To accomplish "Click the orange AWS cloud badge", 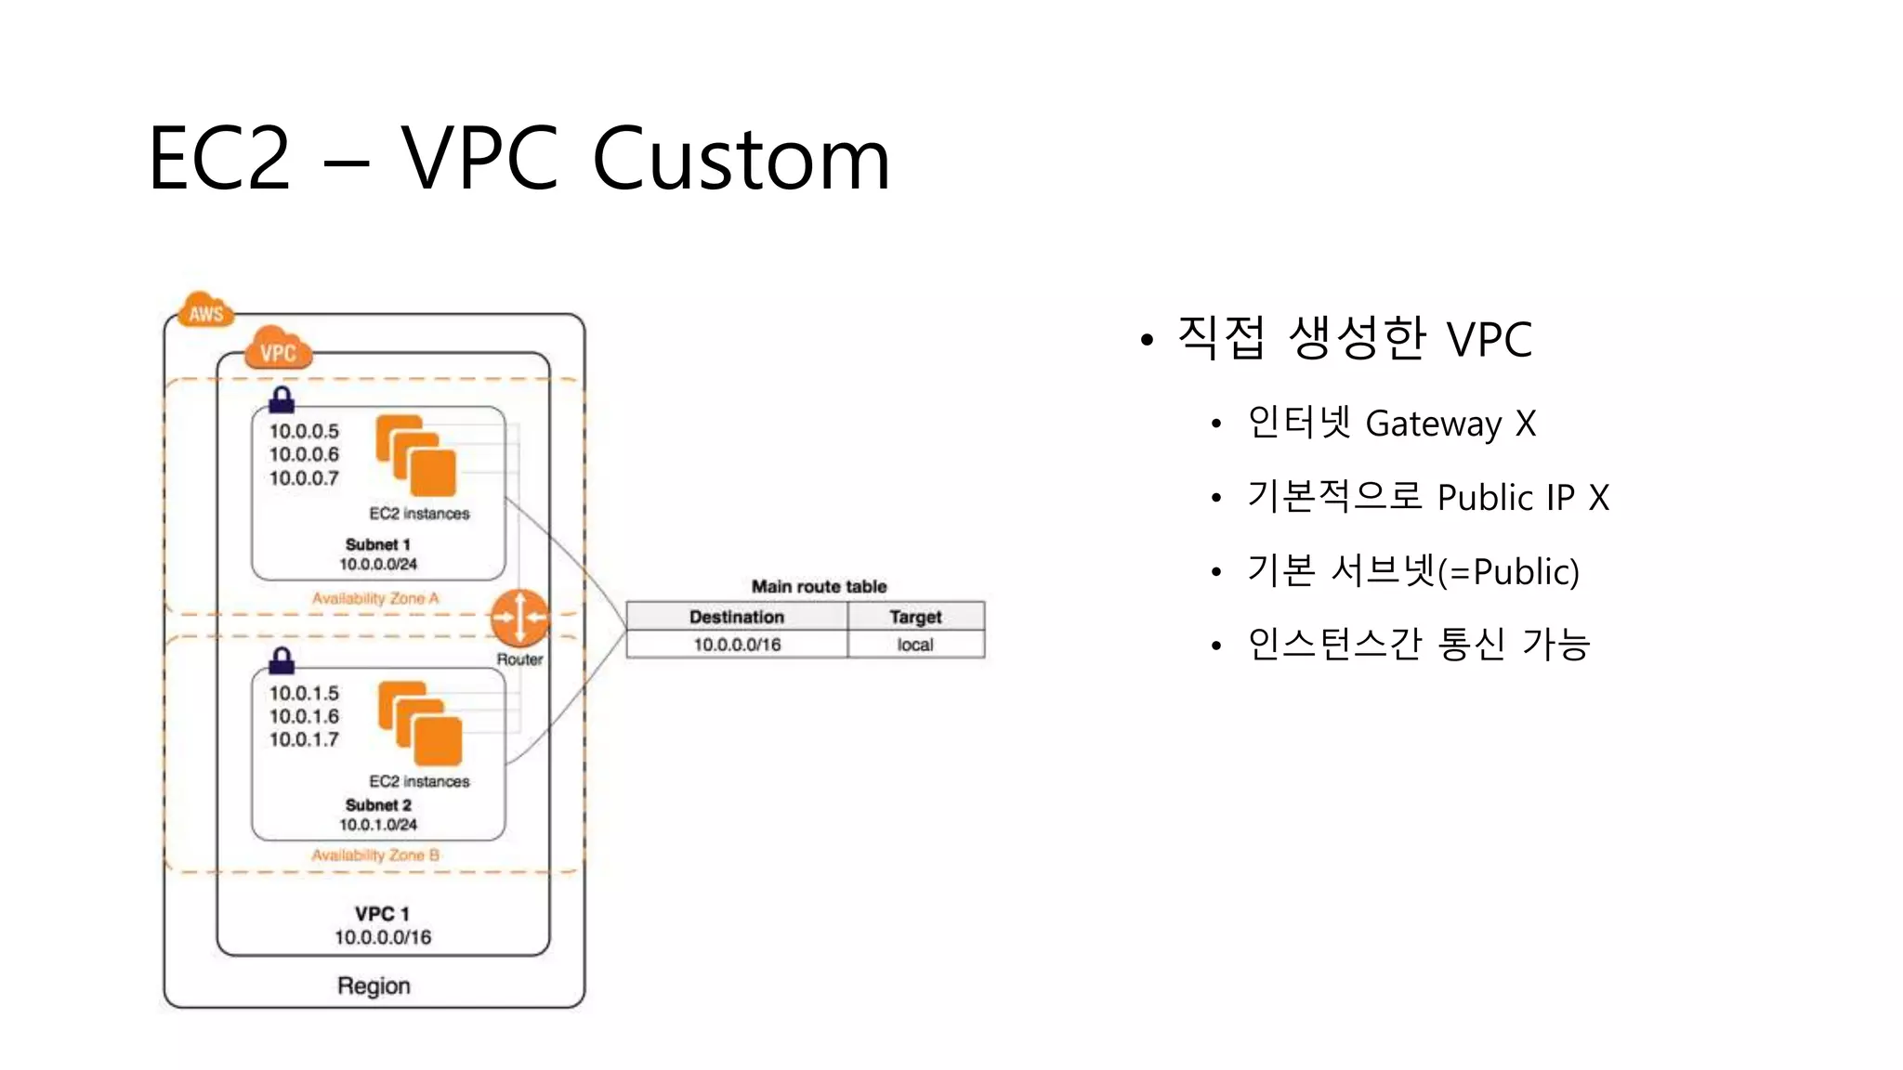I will coord(205,312).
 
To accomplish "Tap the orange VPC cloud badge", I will coord(278,350).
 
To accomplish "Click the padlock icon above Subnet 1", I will coord(282,400).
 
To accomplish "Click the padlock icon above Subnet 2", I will coord(282,660).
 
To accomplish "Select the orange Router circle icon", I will coord(519,617).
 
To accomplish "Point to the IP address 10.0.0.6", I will coord(304,454).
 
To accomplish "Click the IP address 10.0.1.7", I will coord(304,739).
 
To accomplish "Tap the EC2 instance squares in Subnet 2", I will coord(420,724).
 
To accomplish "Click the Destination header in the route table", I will coord(736,617).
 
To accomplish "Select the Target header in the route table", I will coord(915,617).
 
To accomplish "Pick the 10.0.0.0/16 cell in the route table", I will coord(736,645).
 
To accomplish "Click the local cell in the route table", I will coord(915,645).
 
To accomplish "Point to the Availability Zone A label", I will coord(375,598).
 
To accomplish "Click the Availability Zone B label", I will coord(375,855).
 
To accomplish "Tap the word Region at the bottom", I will coord(374,985).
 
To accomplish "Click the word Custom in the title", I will coord(741,160).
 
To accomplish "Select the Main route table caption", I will coord(819,586).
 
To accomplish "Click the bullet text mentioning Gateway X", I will coord(1390,424).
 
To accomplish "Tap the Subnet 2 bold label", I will coord(378,804).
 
